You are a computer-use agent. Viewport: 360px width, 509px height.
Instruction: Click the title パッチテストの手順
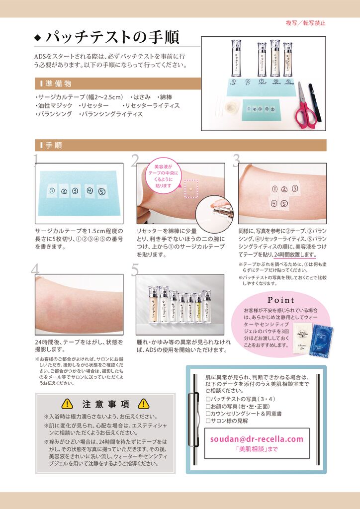point(112,38)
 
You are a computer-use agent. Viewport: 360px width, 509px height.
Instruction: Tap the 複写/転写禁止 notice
point(305,23)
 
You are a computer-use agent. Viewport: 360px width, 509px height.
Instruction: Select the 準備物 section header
point(59,83)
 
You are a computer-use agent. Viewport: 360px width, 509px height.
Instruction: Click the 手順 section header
point(54,145)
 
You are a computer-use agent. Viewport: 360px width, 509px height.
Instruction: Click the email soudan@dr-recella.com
point(256,439)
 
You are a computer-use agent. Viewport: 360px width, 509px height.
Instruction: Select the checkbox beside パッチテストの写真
point(208,399)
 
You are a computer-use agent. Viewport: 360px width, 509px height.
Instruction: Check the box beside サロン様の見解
point(208,421)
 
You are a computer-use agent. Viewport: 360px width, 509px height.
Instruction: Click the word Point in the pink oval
point(281,300)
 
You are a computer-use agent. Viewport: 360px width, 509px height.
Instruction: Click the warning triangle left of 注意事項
point(67,404)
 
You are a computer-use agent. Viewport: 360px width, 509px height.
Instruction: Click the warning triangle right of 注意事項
point(143,404)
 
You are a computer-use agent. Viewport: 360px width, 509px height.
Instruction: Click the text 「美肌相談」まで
point(256,449)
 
